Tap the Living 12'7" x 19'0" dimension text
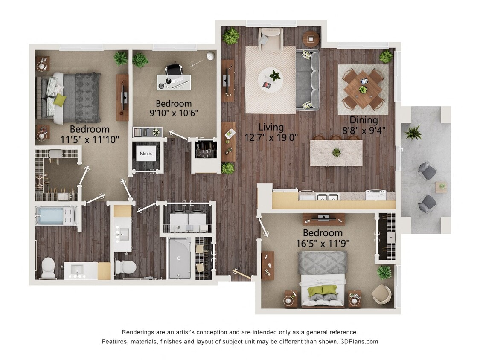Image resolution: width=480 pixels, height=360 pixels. [271, 132]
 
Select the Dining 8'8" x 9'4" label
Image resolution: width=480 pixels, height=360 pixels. [364, 125]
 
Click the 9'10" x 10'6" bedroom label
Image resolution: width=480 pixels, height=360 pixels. [174, 108]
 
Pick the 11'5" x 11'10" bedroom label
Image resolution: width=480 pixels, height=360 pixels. [90, 134]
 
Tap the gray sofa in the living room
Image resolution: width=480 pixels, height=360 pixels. [307, 80]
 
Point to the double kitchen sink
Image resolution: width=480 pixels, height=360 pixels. [328, 197]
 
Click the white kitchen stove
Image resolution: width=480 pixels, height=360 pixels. [376, 195]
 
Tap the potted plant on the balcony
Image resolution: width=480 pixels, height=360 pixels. [413, 133]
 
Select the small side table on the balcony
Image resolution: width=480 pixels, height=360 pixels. [441, 186]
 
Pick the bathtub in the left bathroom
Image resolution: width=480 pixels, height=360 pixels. [55, 216]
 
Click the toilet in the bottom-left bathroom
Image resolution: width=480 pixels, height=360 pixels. [48, 267]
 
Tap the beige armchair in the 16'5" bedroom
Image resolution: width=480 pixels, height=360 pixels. [381, 294]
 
